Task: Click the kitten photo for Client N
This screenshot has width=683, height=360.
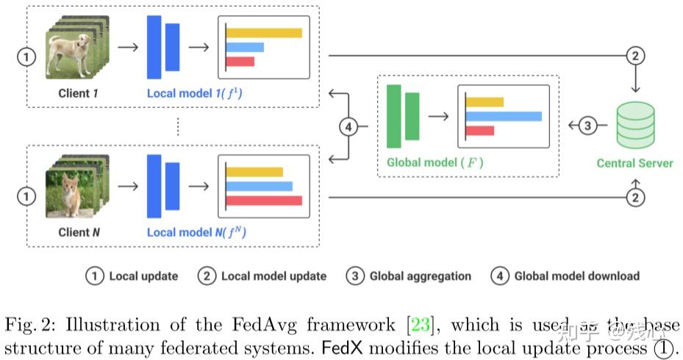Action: (x=71, y=193)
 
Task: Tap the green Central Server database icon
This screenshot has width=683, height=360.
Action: (x=635, y=126)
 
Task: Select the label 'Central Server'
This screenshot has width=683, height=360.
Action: (x=634, y=163)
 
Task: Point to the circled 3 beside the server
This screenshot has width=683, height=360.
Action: (x=587, y=126)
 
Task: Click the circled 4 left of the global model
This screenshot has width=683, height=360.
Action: (x=349, y=126)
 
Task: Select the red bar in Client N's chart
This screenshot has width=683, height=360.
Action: (x=264, y=201)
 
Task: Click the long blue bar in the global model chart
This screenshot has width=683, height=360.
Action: (x=504, y=116)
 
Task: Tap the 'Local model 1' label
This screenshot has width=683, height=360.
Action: (x=196, y=93)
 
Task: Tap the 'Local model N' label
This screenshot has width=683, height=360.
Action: (x=196, y=233)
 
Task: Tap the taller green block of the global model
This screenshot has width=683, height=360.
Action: (x=394, y=117)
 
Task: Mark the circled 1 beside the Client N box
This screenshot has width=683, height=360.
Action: (x=26, y=196)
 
